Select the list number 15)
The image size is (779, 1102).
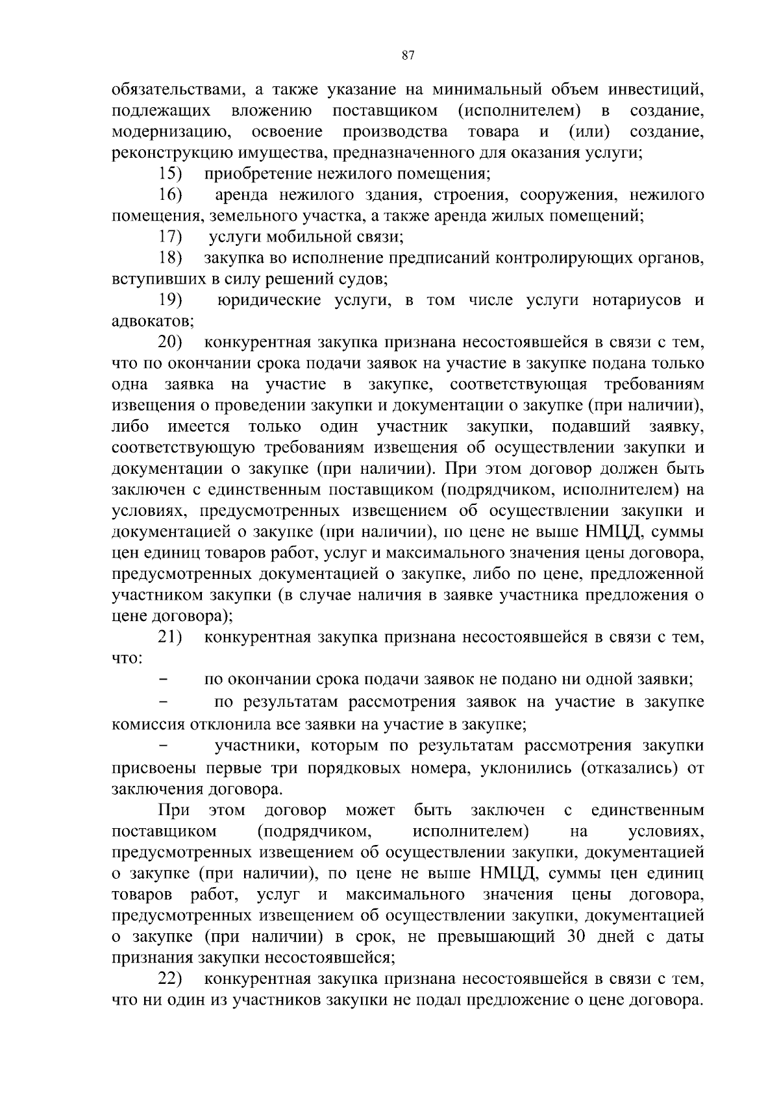tap(171, 174)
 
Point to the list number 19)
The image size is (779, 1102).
tap(171, 300)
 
